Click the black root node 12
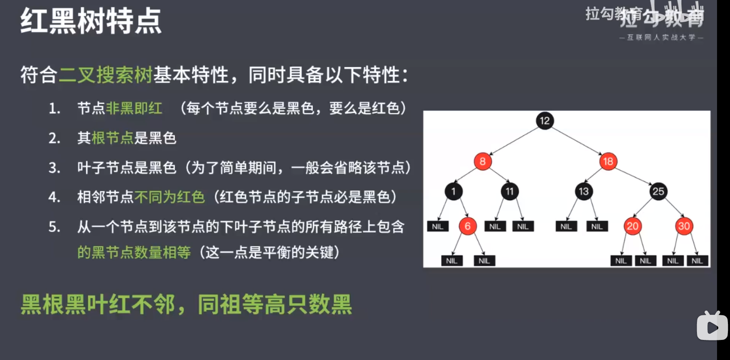pos(544,121)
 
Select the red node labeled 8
pos(482,161)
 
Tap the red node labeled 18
pos(608,161)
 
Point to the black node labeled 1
pos(453,191)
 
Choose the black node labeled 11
pos(509,191)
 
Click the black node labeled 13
pos(584,191)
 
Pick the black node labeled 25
pos(658,191)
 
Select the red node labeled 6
pos(467,226)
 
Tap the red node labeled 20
pos(632,226)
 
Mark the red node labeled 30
pos(684,226)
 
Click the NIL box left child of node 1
pos(437,227)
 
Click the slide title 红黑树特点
pos(91,21)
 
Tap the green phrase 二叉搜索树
pos(106,75)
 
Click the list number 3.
pos(54,168)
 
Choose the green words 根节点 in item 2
pos(112,138)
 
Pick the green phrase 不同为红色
pos(169,197)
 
